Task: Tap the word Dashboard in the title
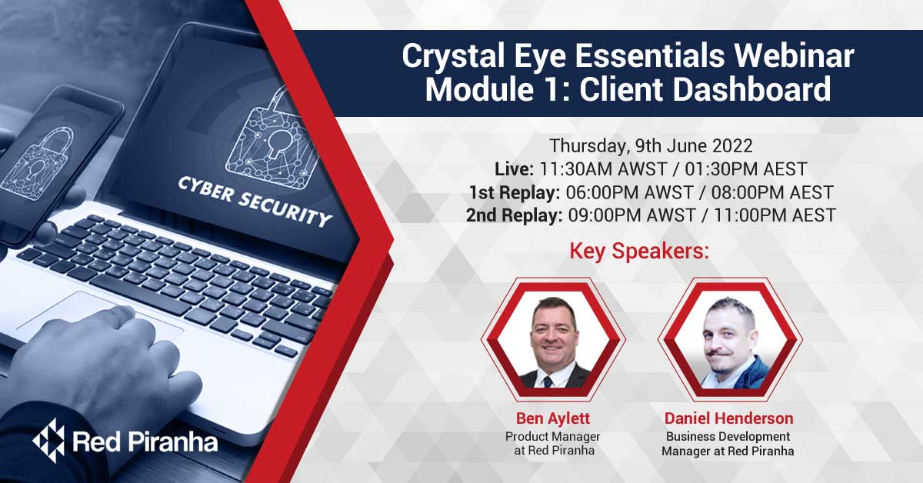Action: tap(752, 89)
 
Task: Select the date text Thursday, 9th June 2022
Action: tap(651, 146)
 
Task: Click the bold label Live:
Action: tap(514, 169)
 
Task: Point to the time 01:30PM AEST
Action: tap(746, 169)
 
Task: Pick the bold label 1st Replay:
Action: tap(515, 192)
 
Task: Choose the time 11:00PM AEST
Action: tap(775, 215)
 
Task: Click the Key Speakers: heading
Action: tap(639, 251)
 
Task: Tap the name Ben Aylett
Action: tap(553, 418)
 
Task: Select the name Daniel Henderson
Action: tap(728, 418)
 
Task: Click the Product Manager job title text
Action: tap(552, 436)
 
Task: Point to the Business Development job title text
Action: tap(728, 436)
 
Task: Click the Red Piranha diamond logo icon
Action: tap(49, 440)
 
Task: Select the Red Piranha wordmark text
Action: tap(145, 441)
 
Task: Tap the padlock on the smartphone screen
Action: tap(39, 164)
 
